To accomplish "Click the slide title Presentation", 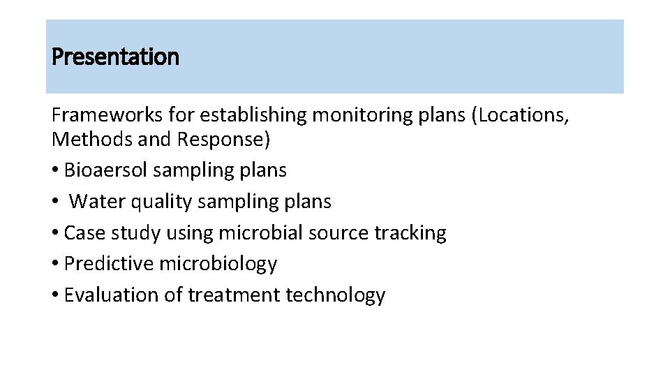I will pyautogui.click(x=116, y=57).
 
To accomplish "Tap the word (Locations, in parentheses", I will pyautogui.click(x=521, y=115).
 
